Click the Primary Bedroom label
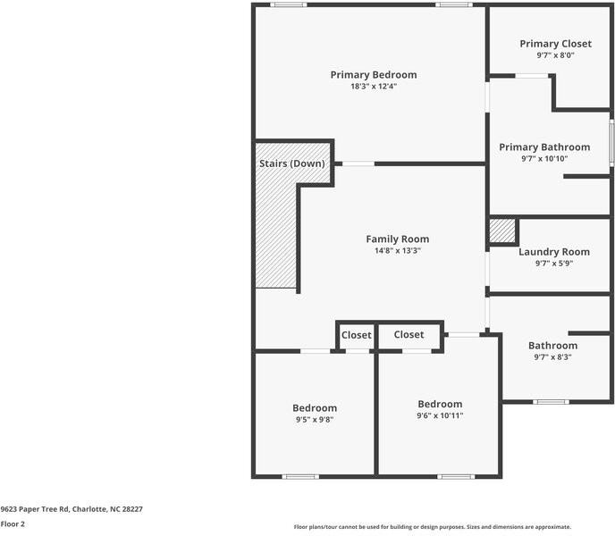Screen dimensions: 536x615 pos(373,75)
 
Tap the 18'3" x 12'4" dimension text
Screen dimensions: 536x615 pos(373,87)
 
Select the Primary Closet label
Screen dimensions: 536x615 pos(555,44)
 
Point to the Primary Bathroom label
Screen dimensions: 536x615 pos(544,147)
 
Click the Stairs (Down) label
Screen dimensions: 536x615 pos(291,164)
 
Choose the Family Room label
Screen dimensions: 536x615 pos(397,239)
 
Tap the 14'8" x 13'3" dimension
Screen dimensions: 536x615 pos(397,251)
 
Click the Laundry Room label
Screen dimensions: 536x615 pos(554,252)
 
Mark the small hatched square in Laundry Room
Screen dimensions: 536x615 pos(502,231)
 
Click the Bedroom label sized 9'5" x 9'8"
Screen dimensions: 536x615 pos(316,408)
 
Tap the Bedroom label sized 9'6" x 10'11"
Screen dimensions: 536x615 pos(440,404)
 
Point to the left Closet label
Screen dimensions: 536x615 pos(356,335)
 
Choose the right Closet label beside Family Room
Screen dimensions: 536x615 pos(409,335)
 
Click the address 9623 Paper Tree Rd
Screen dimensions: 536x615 pos(72,507)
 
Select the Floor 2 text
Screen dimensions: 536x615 pos(13,524)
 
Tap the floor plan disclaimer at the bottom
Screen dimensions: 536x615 pos(433,527)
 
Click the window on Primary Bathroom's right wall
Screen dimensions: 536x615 pos(611,142)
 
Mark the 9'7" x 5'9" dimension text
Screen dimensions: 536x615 pos(552,264)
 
